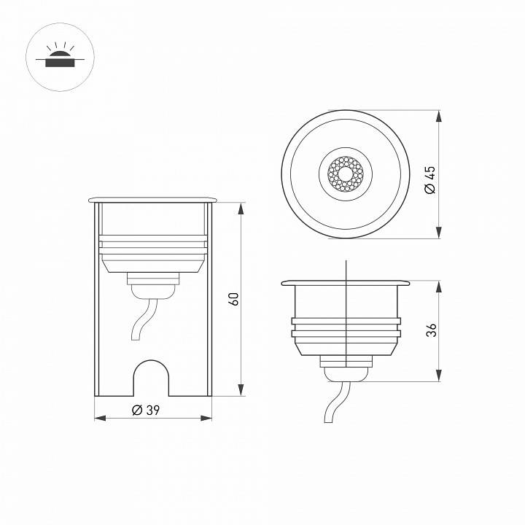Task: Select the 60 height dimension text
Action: tap(233, 299)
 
